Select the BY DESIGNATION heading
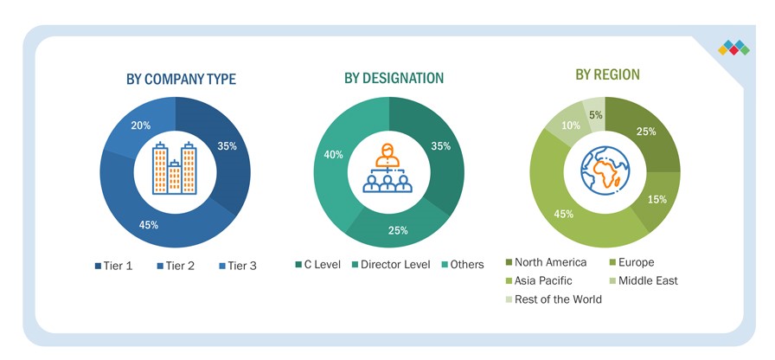(394, 78)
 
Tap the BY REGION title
(607, 75)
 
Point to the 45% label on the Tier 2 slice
(148, 225)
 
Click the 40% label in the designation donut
(333, 154)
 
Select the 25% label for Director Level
(397, 231)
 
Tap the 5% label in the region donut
(595, 114)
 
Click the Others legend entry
(462, 264)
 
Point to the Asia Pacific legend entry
(548, 280)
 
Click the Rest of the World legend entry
(554, 299)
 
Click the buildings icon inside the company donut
(175, 166)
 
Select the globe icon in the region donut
(605, 169)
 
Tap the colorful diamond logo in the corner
(733, 48)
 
